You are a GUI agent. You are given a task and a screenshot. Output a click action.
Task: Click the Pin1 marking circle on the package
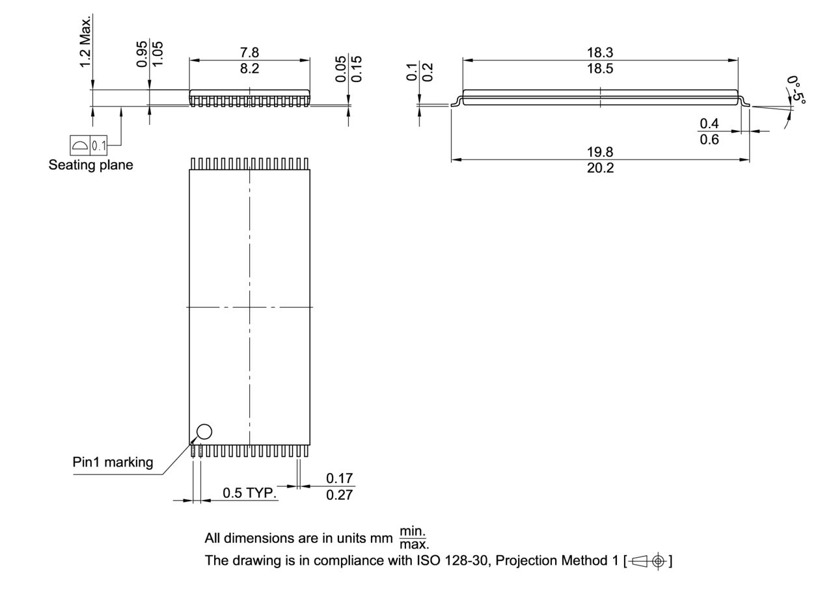(x=204, y=431)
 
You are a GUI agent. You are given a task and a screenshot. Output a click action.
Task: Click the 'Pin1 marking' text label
(x=113, y=462)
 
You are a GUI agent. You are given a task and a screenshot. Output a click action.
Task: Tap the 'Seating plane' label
(x=90, y=165)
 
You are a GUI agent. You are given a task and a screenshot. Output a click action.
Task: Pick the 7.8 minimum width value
(x=249, y=53)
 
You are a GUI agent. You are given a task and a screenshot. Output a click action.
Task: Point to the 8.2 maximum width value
(x=249, y=68)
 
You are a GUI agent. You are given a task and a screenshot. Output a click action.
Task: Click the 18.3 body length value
(x=599, y=53)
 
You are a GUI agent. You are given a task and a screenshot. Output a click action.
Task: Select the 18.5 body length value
(x=599, y=68)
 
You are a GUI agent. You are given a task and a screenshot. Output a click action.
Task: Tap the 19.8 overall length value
(x=599, y=152)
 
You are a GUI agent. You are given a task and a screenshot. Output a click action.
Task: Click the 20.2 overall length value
(x=599, y=168)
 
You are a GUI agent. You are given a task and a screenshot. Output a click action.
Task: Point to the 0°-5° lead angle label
(x=795, y=90)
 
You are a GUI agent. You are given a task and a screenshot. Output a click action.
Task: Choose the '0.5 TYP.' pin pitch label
(x=249, y=493)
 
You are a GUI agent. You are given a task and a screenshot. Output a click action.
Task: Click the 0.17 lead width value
(x=339, y=479)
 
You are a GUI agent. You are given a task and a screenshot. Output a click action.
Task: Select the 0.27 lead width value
(x=339, y=495)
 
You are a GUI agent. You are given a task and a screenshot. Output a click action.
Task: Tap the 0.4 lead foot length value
(x=709, y=124)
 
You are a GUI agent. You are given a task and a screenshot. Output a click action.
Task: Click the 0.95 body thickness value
(x=142, y=54)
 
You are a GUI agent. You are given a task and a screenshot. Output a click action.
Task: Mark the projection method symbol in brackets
(x=648, y=560)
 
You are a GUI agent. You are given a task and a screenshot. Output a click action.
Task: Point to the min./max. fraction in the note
(x=413, y=538)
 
